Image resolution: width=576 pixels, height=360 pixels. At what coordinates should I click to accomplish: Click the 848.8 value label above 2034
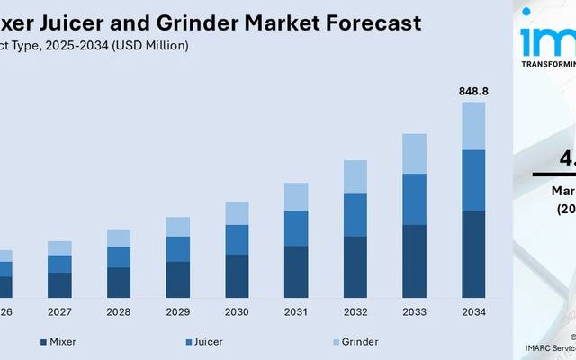(473, 91)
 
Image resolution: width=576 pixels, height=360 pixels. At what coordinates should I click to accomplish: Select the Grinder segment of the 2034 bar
(473, 126)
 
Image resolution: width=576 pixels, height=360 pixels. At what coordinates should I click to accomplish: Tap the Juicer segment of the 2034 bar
(473, 180)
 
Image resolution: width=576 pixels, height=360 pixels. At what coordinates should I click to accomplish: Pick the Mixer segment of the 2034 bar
(473, 254)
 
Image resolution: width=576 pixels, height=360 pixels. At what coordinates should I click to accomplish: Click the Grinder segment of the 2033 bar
(414, 154)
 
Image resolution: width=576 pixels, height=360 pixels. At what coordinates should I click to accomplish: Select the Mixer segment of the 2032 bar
(355, 266)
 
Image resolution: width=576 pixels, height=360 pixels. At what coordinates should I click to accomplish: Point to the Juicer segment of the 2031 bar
(296, 228)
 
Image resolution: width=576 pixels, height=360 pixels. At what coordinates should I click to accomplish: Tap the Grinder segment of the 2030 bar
(237, 213)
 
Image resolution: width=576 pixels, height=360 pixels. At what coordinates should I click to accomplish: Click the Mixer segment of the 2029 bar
(177, 279)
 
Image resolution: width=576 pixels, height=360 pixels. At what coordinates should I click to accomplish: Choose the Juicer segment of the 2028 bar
(119, 256)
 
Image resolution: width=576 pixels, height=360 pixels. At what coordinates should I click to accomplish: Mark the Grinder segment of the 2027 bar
(59, 247)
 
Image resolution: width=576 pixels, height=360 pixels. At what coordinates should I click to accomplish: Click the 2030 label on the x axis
(237, 312)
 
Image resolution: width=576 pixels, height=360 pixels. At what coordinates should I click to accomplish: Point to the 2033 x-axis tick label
(414, 312)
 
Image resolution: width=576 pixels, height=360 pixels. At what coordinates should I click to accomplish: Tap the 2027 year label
(59, 312)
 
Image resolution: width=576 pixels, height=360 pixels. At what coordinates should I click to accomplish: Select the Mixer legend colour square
(43, 342)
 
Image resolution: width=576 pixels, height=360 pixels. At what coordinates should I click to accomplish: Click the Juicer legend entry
(208, 342)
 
